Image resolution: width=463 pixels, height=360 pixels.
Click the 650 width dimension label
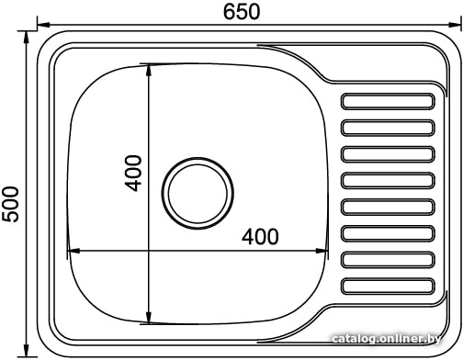click(x=242, y=12)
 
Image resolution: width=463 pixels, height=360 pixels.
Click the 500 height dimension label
click(x=10, y=204)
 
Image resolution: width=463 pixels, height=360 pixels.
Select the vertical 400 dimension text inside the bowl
click(x=133, y=174)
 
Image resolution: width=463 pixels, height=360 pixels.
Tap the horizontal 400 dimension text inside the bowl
click(x=260, y=236)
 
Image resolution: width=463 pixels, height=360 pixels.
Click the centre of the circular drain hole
click(x=198, y=193)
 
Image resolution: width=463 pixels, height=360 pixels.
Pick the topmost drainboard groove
click(x=388, y=101)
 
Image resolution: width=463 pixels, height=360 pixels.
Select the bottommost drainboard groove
click(x=388, y=287)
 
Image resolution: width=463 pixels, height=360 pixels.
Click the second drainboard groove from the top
click(x=388, y=128)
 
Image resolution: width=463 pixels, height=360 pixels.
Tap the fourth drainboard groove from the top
click(x=388, y=181)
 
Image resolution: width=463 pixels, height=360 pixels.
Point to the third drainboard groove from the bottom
click(x=388, y=233)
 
